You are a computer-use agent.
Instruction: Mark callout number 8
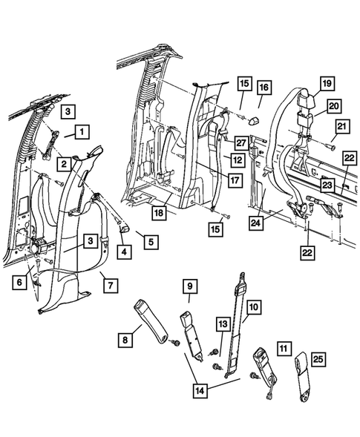125,340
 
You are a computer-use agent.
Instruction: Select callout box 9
189,286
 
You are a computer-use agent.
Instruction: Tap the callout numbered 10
253,306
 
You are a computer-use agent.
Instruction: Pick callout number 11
282,346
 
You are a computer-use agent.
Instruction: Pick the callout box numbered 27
240,143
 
